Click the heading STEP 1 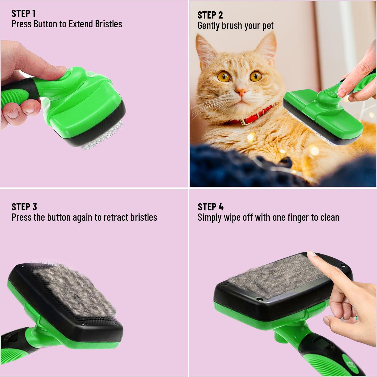(24, 13)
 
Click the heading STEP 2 (210, 15)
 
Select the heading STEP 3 (24, 207)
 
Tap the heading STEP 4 (210, 207)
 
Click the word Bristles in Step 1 (108, 24)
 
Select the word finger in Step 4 (298, 218)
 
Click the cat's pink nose (241, 91)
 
